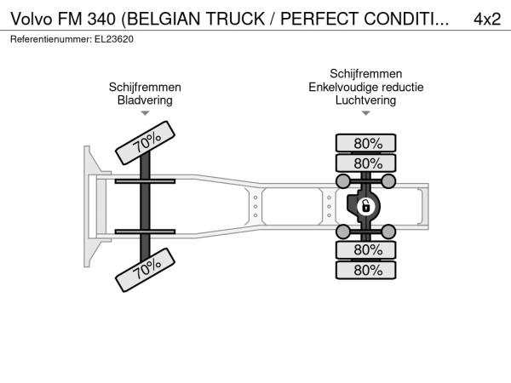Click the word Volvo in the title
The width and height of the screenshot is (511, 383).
click(32, 19)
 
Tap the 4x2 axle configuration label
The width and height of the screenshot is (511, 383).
click(487, 20)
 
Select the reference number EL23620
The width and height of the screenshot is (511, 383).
click(114, 39)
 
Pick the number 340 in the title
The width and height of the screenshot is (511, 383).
click(101, 19)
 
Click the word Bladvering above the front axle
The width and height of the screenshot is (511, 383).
click(145, 100)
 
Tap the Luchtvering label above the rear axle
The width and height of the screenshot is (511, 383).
click(365, 100)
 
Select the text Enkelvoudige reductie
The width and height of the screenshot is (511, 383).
click(366, 87)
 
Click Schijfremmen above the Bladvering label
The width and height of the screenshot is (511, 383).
click(145, 87)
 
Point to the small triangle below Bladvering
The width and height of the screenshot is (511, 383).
click(145, 113)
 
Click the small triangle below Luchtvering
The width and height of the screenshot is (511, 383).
click(366, 113)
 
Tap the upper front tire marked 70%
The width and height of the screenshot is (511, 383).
click(146, 143)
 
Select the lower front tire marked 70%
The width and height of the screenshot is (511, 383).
click(146, 270)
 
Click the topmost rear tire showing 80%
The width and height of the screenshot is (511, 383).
click(366, 143)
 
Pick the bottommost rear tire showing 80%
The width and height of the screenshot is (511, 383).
click(366, 270)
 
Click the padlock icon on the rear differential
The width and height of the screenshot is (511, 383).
click(366, 207)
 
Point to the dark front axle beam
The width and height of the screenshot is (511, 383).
click(145, 207)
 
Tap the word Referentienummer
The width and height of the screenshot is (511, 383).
click(51, 39)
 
